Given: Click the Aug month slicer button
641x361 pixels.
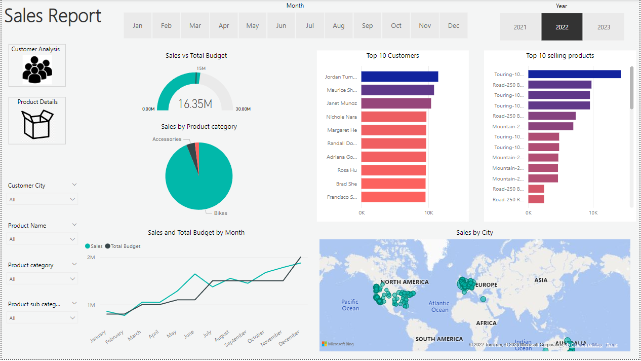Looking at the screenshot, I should click(x=339, y=26).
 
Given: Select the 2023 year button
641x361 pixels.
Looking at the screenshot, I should click(x=604, y=27).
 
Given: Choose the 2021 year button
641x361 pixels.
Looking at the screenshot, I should click(x=520, y=27).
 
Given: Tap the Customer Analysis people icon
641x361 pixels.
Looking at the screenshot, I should click(x=36, y=69).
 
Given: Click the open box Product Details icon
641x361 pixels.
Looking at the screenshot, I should click(x=37, y=124).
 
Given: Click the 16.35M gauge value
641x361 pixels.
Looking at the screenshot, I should click(x=195, y=104).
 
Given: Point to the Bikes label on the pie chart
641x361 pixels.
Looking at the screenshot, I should click(x=220, y=213).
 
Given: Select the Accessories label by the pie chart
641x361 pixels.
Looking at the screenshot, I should click(x=167, y=139).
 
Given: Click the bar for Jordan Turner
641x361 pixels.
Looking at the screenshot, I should click(x=399, y=77).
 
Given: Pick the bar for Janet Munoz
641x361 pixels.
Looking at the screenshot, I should click(x=396, y=103).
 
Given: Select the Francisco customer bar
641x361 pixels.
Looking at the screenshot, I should click(x=393, y=197).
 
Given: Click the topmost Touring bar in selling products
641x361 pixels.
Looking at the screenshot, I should click(x=574, y=75).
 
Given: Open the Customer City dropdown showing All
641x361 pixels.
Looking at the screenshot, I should click(x=43, y=200).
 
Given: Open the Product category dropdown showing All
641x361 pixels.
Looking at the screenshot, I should click(x=43, y=279).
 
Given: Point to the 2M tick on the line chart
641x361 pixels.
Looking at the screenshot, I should click(x=91, y=258).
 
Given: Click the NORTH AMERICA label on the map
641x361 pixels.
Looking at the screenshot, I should click(x=404, y=282).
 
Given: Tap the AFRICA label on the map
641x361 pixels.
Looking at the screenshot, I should click(x=486, y=323).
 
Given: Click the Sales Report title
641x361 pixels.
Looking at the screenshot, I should click(x=53, y=16).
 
